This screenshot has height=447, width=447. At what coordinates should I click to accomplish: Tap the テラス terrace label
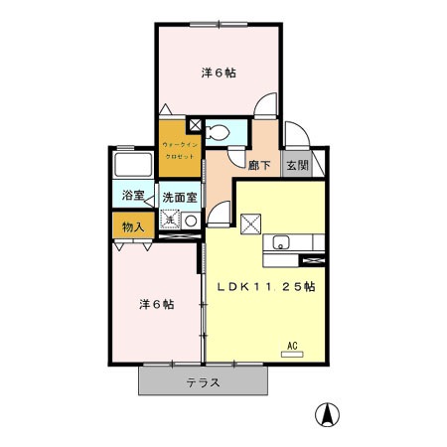[x=202, y=381]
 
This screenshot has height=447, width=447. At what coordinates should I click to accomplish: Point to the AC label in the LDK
[x=292, y=346]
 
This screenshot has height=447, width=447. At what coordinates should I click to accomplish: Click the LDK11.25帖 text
[x=266, y=286]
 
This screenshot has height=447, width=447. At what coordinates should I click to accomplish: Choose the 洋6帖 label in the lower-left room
[x=156, y=304]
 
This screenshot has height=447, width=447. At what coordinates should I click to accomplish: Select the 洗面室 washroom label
[x=180, y=197]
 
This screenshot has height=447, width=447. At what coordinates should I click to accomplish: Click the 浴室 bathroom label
[x=132, y=197]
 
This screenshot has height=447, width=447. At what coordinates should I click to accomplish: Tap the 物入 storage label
[x=132, y=226]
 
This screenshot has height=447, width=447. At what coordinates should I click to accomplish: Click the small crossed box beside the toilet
[x=195, y=125]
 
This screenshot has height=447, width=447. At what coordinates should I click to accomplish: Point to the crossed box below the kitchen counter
[x=313, y=260]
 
